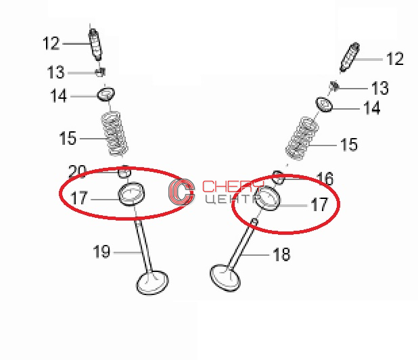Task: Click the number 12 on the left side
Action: [x=51, y=43]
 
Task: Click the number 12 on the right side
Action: [x=395, y=59]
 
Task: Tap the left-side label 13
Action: [x=55, y=72]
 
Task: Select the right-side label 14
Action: [x=372, y=108]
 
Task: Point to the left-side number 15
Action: [x=68, y=138]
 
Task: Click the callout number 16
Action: [x=325, y=179]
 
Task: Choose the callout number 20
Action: [x=77, y=171]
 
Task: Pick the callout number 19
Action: [x=101, y=252]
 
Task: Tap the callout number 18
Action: [x=281, y=254]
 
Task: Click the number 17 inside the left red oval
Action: [x=79, y=198]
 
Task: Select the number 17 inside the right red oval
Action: [x=319, y=204]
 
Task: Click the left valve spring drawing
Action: [x=114, y=134]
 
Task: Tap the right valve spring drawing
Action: [x=302, y=139]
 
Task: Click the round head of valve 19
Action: [x=152, y=282]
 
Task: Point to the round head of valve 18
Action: [x=225, y=278]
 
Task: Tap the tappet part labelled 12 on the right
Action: [x=350, y=57]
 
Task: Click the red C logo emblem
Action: [x=181, y=192]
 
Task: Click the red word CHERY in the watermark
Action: [x=233, y=186]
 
